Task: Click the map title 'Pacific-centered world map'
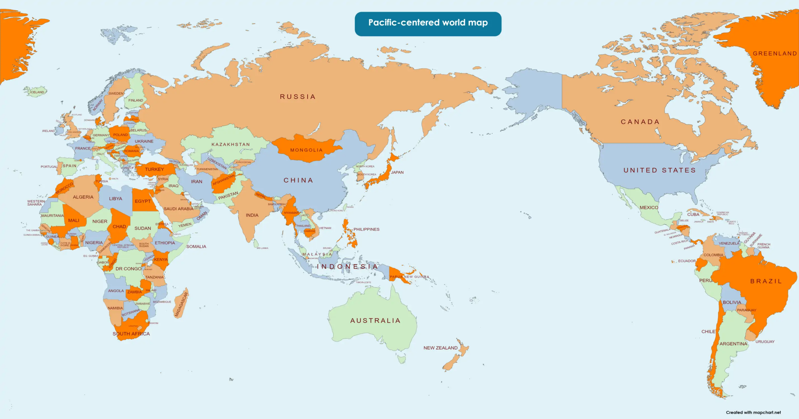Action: (x=428, y=23)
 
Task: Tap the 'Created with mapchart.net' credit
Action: (x=753, y=412)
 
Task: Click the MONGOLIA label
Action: (x=306, y=150)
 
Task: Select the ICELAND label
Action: (x=37, y=92)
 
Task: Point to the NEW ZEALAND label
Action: (x=440, y=348)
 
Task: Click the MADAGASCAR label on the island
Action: (x=181, y=304)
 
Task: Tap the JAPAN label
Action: (x=397, y=172)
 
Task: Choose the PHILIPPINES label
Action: (x=366, y=229)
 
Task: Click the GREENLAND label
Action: (x=775, y=53)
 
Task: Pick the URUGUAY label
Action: (x=765, y=342)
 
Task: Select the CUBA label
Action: (x=693, y=214)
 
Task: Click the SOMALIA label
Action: (x=196, y=246)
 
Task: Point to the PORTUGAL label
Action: (x=49, y=167)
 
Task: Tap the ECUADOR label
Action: (x=687, y=261)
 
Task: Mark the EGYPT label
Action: (x=143, y=201)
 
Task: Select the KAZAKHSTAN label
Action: (x=231, y=144)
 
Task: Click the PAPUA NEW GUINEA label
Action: (x=409, y=277)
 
